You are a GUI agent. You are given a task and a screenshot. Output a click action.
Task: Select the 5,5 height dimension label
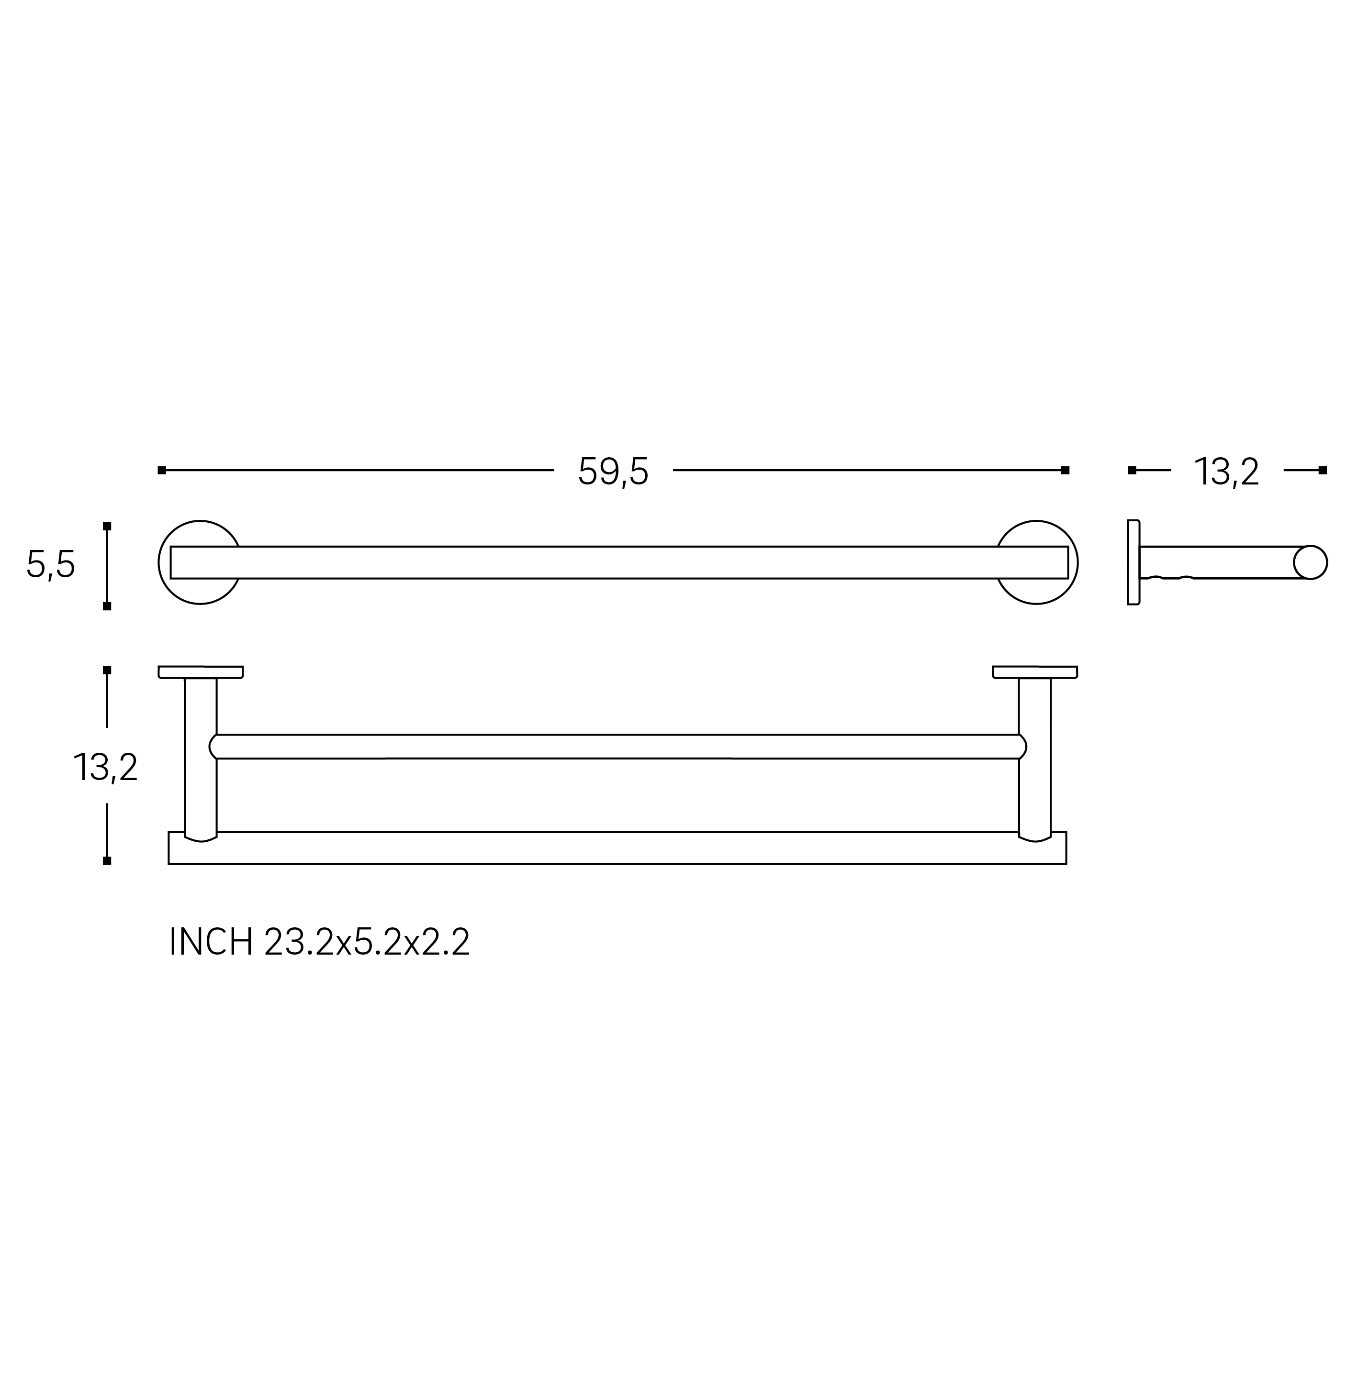click(x=51, y=564)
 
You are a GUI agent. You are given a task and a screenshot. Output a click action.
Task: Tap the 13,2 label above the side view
click(x=1226, y=472)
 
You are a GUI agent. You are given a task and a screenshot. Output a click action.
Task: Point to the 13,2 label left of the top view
click(x=105, y=768)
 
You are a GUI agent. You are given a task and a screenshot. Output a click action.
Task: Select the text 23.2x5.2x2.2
click(x=367, y=942)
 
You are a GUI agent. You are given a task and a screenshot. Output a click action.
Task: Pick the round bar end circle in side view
click(x=1310, y=562)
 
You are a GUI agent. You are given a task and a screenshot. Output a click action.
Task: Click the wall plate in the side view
click(x=1133, y=562)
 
